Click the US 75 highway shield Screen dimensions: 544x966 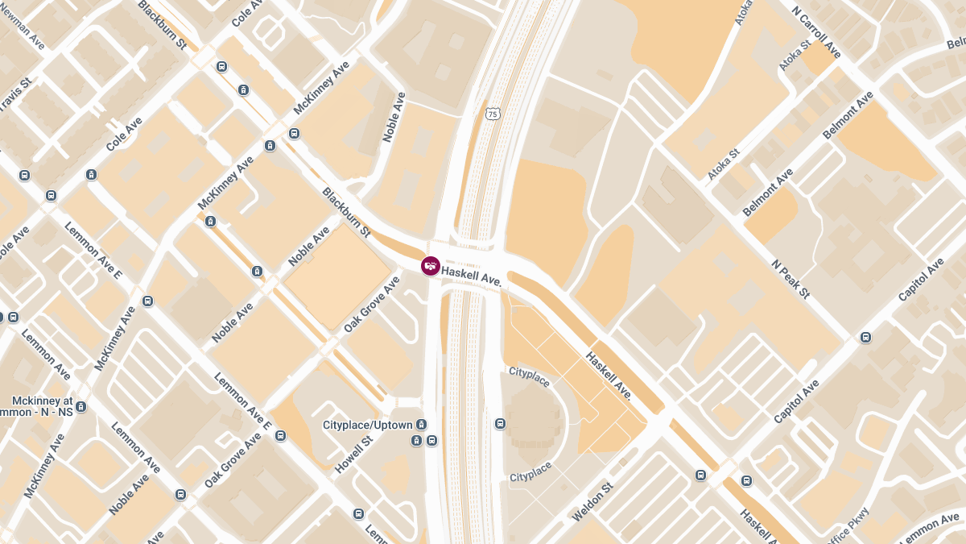tap(493, 114)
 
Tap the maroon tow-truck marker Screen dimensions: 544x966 tap(431, 266)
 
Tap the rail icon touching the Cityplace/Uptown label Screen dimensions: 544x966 tap(421, 425)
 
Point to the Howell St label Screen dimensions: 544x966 tap(354, 453)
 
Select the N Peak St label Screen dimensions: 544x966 tap(790, 279)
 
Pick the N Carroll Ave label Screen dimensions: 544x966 tap(816, 33)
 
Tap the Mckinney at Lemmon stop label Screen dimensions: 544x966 tap(42, 406)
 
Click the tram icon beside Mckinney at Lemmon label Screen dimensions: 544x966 tap(80, 407)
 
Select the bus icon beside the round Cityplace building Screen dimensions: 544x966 tap(500, 423)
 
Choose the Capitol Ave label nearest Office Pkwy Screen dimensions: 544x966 tap(796, 401)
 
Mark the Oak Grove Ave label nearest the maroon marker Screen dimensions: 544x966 tap(371, 305)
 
